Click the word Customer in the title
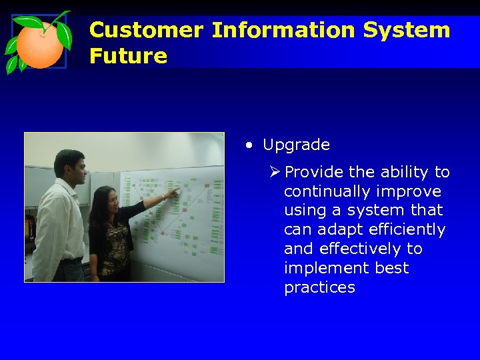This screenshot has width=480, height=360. (147, 30)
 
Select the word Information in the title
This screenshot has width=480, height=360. (283, 30)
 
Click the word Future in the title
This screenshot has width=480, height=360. (128, 56)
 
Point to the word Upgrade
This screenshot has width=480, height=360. (296, 145)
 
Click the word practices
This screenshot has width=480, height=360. (319, 287)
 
